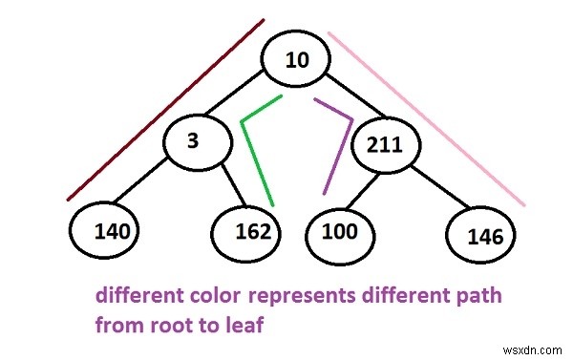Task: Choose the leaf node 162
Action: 257,232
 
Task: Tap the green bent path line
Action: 255,153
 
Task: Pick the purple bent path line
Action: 339,153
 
